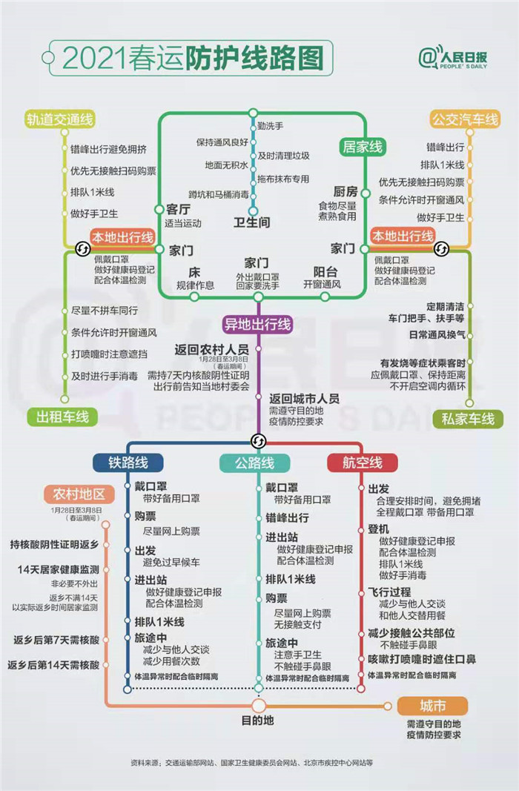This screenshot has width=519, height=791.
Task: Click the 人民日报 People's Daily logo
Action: point(452,59)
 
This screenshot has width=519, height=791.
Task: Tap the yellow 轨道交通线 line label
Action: point(60,119)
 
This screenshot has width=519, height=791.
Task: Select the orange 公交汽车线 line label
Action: point(465,119)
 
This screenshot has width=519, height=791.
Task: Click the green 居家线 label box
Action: point(362,148)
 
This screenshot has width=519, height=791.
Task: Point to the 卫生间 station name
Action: point(251,222)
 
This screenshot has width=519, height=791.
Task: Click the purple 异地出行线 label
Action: point(258,325)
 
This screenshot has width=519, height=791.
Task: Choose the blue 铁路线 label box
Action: point(128,463)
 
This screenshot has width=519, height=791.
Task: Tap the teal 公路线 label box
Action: point(255,463)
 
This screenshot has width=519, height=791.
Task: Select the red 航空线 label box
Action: point(362,463)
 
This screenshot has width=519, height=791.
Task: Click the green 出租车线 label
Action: point(62,417)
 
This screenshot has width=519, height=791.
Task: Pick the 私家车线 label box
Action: point(468,419)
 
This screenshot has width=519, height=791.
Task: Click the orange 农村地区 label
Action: point(79,494)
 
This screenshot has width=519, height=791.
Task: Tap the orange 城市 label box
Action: point(432,706)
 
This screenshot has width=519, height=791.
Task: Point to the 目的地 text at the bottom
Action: point(258,721)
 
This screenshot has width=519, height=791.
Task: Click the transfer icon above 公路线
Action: point(258,441)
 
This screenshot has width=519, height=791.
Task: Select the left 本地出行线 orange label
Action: point(122,237)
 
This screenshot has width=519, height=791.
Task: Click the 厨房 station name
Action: point(346,192)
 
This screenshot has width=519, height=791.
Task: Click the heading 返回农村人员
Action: point(212,350)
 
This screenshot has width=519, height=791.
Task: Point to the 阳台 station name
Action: point(325,272)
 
